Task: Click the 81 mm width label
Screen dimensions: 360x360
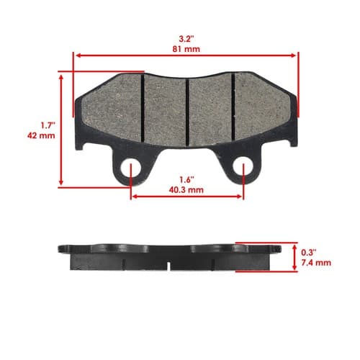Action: [186, 49]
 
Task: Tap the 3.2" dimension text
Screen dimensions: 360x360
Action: [186, 39]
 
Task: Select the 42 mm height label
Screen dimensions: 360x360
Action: [41, 135]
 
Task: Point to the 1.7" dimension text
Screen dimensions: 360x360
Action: [48, 125]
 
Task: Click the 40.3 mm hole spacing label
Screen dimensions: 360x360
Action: [186, 190]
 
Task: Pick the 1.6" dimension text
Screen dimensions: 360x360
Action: [186, 179]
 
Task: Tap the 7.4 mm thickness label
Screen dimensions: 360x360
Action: [316, 263]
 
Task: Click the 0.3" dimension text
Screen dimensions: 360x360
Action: [309, 252]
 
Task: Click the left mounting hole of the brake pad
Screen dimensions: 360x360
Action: [130, 168]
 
